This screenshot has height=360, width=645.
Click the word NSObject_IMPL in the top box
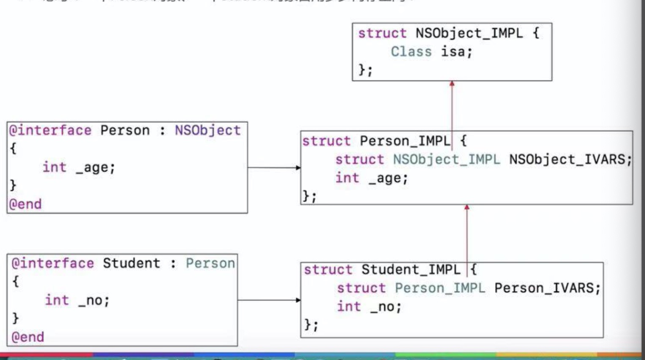point(469,33)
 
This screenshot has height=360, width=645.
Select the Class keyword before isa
point(411,52)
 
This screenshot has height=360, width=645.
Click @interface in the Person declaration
point(50,130)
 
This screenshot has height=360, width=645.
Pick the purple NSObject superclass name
point(208,130)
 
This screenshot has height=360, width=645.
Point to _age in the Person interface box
point(95,167)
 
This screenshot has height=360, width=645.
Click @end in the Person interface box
point(25,204)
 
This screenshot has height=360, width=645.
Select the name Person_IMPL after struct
point(405,141)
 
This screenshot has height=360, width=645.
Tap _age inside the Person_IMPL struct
point(388,178)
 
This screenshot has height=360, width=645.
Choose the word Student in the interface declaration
point(132,263)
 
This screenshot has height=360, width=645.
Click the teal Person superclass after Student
point(210,263)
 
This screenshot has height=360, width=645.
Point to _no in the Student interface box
point(94,300)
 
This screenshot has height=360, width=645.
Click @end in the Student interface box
point(28,337)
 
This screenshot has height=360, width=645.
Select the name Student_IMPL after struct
point(411,270)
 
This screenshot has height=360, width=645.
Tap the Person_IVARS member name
point(547,288)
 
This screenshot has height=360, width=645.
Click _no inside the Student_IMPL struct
point(385,307)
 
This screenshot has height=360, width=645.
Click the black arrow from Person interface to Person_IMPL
point(274,168)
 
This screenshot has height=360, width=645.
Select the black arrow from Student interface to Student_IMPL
point(269,300)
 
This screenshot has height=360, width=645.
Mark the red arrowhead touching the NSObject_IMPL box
point(452,83)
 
